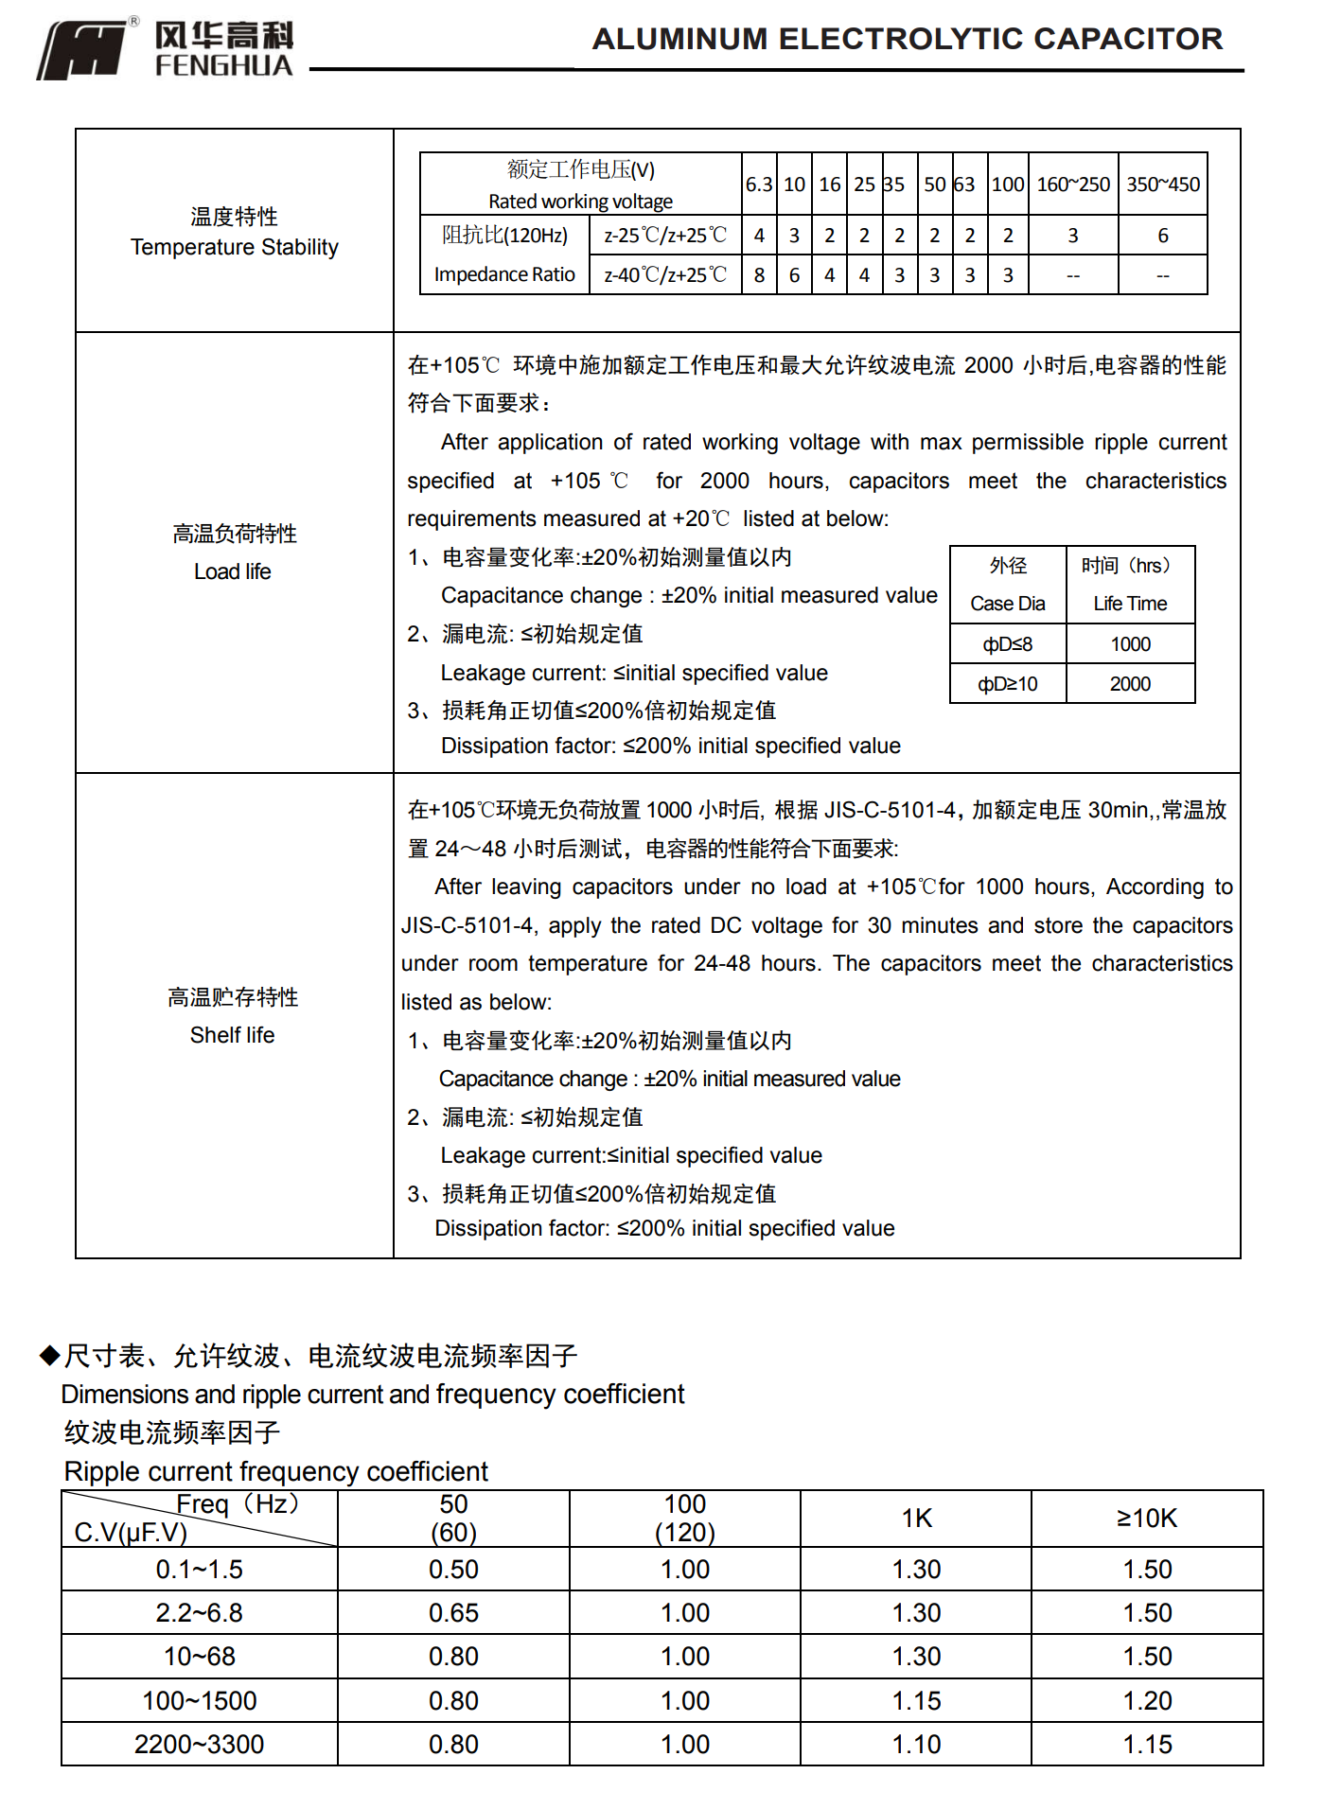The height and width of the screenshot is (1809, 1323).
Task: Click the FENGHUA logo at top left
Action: click(166, 49)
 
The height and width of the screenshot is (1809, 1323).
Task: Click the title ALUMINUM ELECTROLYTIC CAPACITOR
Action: click(907, 39)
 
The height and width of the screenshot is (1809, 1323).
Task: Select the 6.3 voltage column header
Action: click(758, 184)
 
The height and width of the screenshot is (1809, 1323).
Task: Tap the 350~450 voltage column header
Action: click(1162, 184)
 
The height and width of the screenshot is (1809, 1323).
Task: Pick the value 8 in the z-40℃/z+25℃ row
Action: click(759, 275)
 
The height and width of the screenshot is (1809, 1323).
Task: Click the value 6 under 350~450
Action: click(1162, 236)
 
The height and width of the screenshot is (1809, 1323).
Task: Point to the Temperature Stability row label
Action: click(234, 247)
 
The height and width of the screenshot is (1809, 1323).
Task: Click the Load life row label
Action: click(233, 571)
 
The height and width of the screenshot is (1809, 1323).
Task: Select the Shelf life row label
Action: click(232, 1035)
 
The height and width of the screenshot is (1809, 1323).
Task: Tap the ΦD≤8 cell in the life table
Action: click(1007, 644)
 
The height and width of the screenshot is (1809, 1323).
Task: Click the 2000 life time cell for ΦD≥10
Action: click(1130, 684)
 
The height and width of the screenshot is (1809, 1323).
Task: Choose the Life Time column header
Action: click(1130, 604)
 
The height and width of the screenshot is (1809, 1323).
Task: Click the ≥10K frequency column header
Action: click(1147, 1519)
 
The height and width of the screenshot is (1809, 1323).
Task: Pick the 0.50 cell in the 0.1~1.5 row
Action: click(453, 1570)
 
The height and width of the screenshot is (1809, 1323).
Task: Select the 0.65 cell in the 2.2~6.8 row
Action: click(453, 1613)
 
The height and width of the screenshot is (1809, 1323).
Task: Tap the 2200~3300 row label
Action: click(199, 1745)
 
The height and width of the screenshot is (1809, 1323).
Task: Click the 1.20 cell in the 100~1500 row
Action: click(1147, 1701)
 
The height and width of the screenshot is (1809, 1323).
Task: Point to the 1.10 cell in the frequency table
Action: click(916, 1745)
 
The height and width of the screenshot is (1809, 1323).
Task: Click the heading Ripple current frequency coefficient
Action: click(275, 1471)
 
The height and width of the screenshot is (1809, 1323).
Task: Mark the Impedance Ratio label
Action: click(504, 274)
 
